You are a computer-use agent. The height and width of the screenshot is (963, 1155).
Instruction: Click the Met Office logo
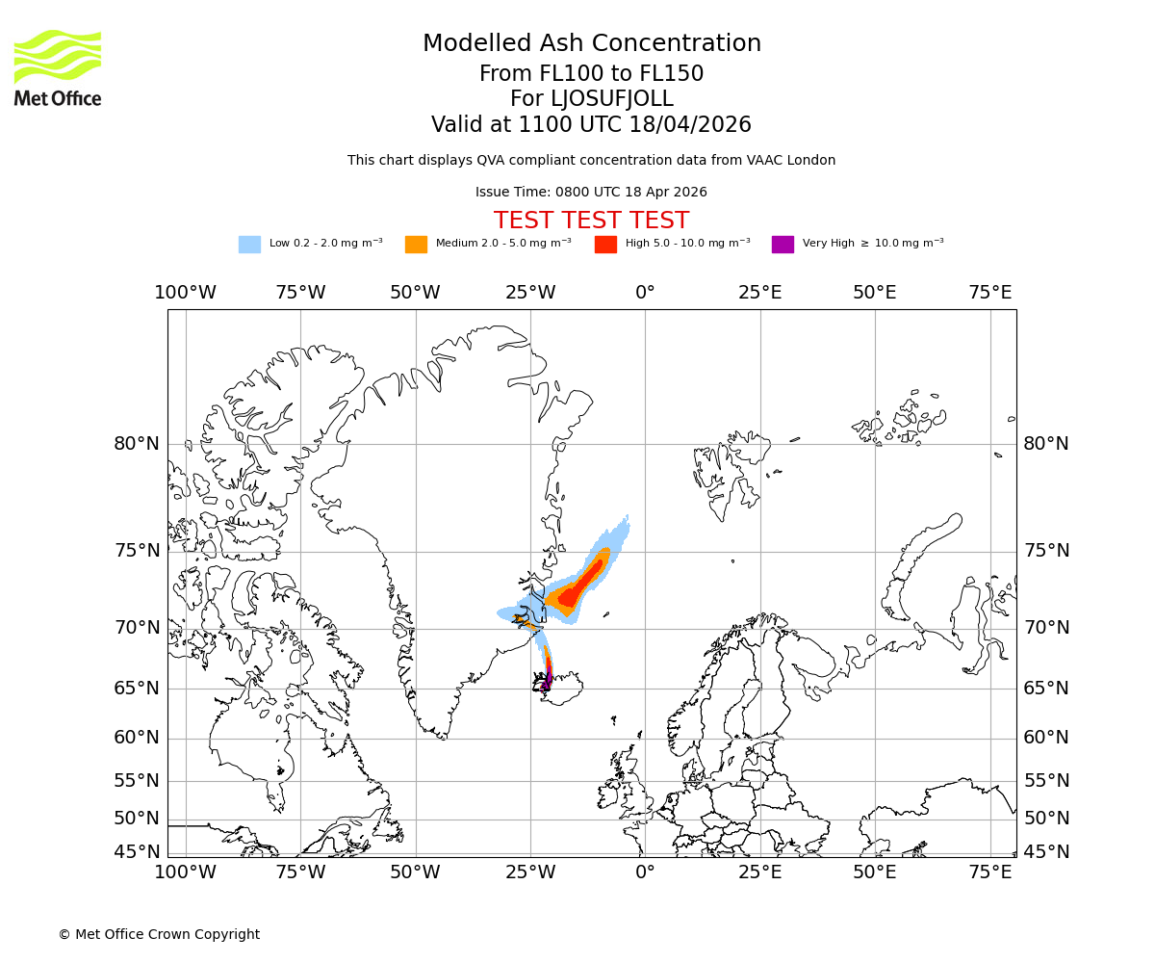[58, 67]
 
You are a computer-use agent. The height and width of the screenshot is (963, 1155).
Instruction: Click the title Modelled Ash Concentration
[592, 43]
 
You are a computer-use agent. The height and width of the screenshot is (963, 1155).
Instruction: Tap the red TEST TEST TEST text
[591, 221]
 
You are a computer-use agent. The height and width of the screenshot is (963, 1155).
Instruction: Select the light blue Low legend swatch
[249, 245]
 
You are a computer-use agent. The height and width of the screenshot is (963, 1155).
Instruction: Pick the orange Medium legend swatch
[416, 245]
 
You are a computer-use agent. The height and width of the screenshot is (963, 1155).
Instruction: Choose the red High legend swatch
[605, 245]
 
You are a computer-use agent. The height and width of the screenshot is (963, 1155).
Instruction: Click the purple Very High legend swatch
[783, 245]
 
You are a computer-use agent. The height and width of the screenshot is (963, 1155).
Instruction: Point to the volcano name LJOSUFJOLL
[592, 99]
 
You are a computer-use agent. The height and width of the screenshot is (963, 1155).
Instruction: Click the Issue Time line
[591, 192]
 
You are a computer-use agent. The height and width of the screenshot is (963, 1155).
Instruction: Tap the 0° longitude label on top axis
[645, 293]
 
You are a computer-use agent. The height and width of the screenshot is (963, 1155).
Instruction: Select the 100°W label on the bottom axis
[185, 872]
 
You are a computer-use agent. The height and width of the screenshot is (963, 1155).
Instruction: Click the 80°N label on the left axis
[137, 444]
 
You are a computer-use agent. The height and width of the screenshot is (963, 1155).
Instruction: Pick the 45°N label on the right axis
[1046, 852]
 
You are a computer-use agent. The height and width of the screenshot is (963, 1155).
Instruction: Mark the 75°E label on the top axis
[989, 293]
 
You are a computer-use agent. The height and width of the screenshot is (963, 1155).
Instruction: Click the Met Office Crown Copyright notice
[159, 934]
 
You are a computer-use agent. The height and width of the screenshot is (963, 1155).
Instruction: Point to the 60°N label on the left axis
[137, 738]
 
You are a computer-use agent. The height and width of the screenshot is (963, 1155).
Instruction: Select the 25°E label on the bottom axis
[759, 872]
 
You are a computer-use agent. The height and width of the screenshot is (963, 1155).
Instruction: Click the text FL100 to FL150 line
[592, 74]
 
